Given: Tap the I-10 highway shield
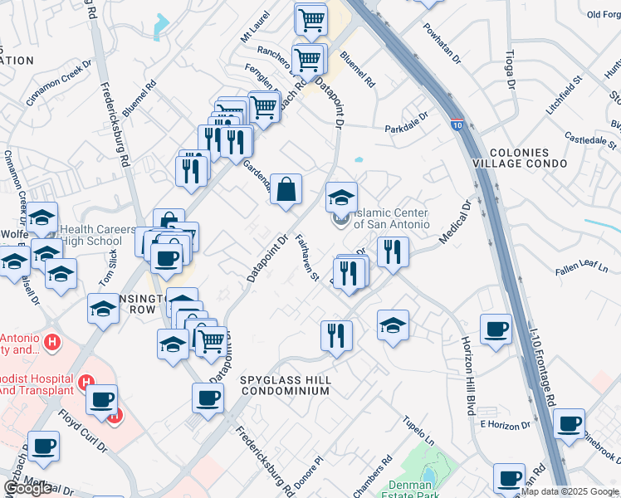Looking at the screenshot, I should [x=457, y=126].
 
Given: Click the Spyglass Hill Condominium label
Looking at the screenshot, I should [x=286, y=385].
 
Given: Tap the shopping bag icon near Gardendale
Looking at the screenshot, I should [x=286, y=188].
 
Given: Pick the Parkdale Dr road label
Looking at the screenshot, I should [x=405, y=123].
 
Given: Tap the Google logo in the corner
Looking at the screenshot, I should [x=28, y=488].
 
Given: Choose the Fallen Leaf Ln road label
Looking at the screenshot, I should [x=580, y=271].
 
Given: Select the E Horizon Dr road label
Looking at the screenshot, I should [x=503, y=424].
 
